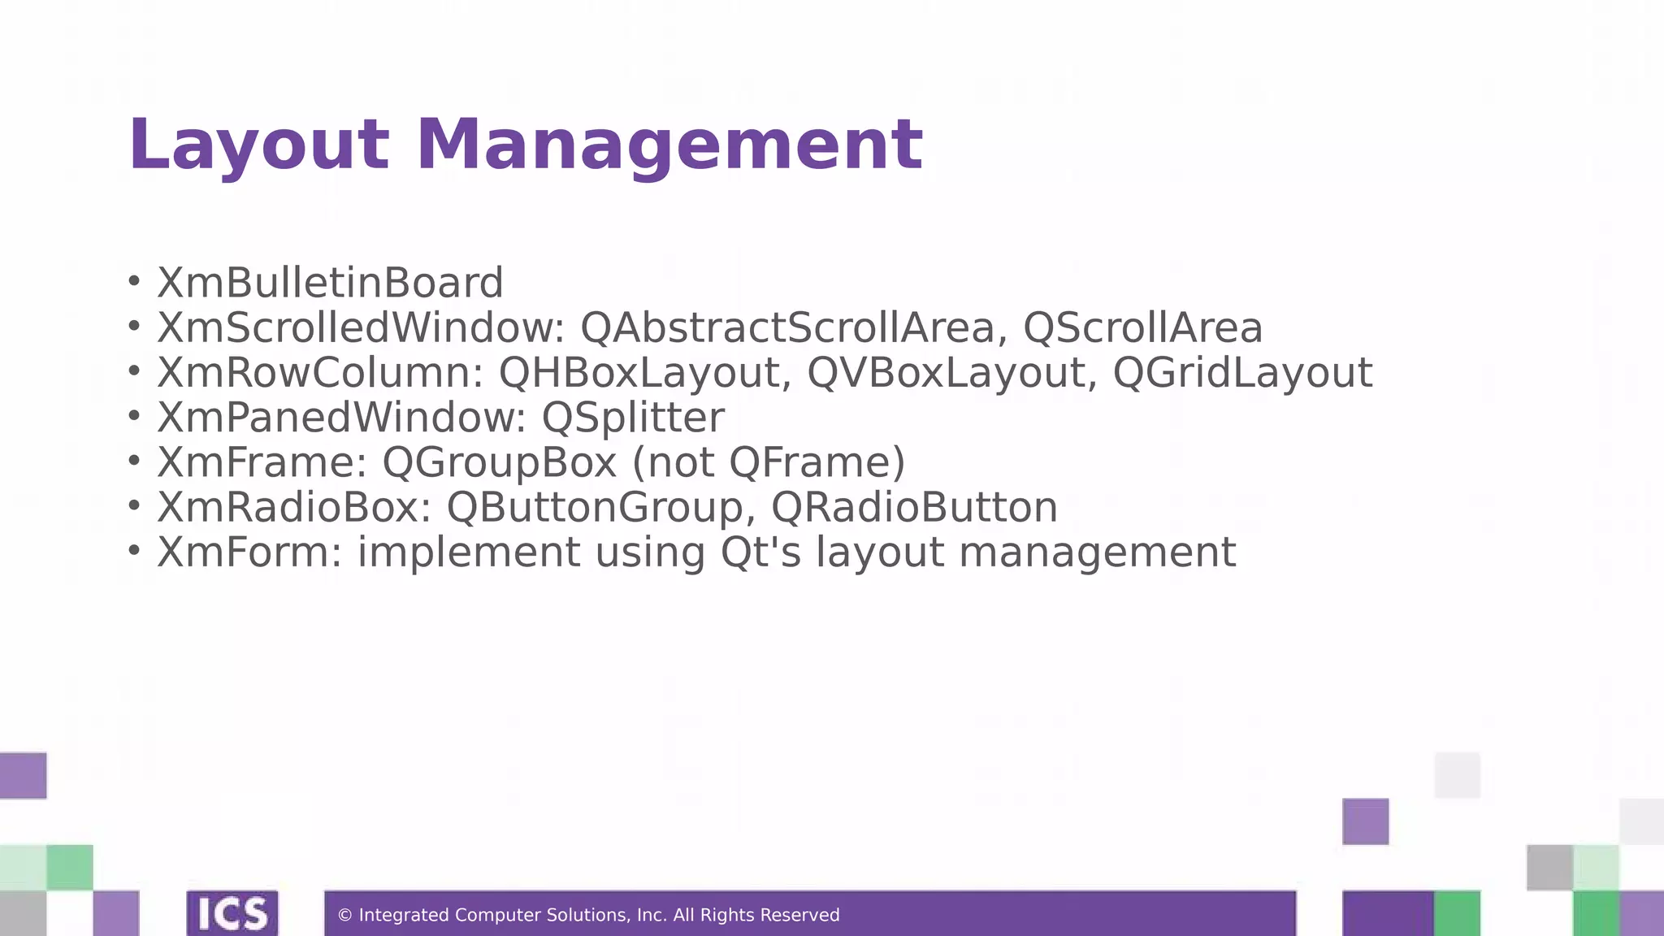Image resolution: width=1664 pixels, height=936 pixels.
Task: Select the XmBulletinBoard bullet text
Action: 330,283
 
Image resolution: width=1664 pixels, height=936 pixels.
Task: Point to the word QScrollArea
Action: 1142,328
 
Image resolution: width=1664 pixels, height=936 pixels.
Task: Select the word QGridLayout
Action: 1242,373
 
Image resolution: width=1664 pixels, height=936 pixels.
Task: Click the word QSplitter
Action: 633,418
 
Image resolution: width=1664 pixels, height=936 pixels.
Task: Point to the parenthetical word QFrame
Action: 816,462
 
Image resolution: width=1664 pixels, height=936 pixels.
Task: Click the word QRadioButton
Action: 914,508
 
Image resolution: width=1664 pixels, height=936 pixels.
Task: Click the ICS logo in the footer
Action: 232,914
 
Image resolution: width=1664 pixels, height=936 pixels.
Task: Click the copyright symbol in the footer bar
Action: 344,916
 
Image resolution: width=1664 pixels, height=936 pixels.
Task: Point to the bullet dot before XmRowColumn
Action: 135,372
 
